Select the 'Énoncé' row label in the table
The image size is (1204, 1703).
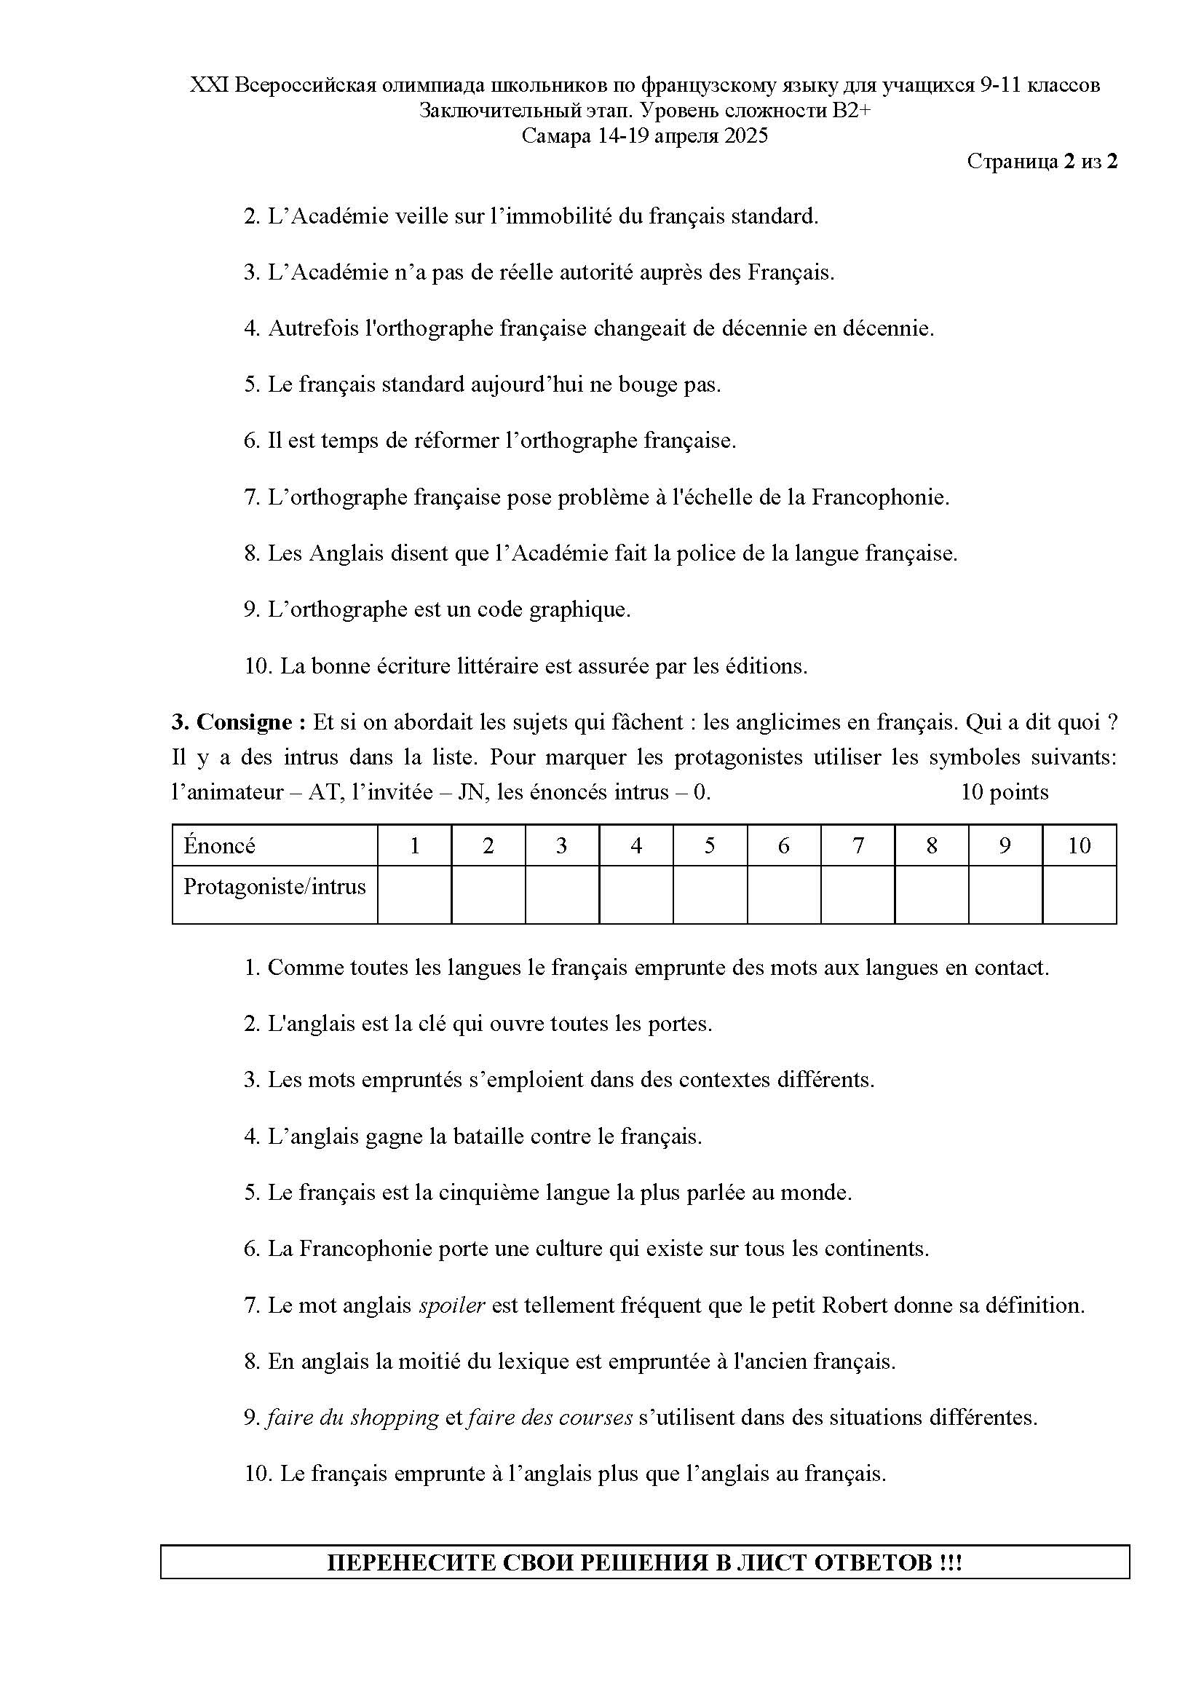[x=219, y=845]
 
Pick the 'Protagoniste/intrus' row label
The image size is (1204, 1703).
[x=274, y=887]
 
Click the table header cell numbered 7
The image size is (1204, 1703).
[x=858, y=845]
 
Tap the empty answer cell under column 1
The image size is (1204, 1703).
[x=414, y=895]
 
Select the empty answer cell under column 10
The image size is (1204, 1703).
[x=1079, y=895]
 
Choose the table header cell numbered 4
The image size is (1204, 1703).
[x=636, y=845]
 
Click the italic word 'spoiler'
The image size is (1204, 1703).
[x=451, y=1305]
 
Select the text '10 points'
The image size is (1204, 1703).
[x=1004, y=792]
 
